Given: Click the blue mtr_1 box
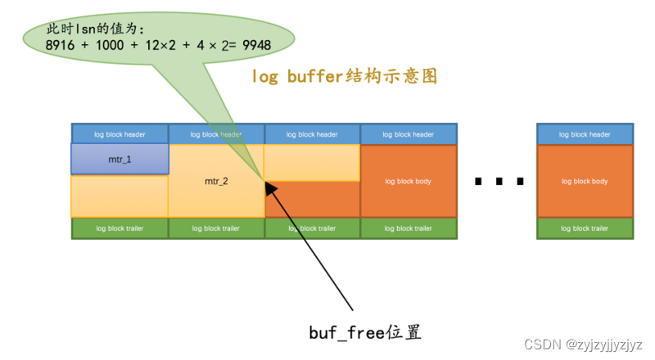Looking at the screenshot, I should (120, 159).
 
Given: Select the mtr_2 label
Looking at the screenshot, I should (216, 181).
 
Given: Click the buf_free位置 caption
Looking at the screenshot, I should (365, 333).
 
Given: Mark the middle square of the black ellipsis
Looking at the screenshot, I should (499, 182).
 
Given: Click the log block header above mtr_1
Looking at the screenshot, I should (120, 134).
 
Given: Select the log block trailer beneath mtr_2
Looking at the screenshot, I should (216, 228).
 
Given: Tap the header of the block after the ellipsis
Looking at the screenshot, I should (585, 134).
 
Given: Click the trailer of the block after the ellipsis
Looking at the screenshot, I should (585, 228).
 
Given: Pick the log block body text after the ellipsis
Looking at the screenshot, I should (585, 181).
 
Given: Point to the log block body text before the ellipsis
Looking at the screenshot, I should (408, 181).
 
